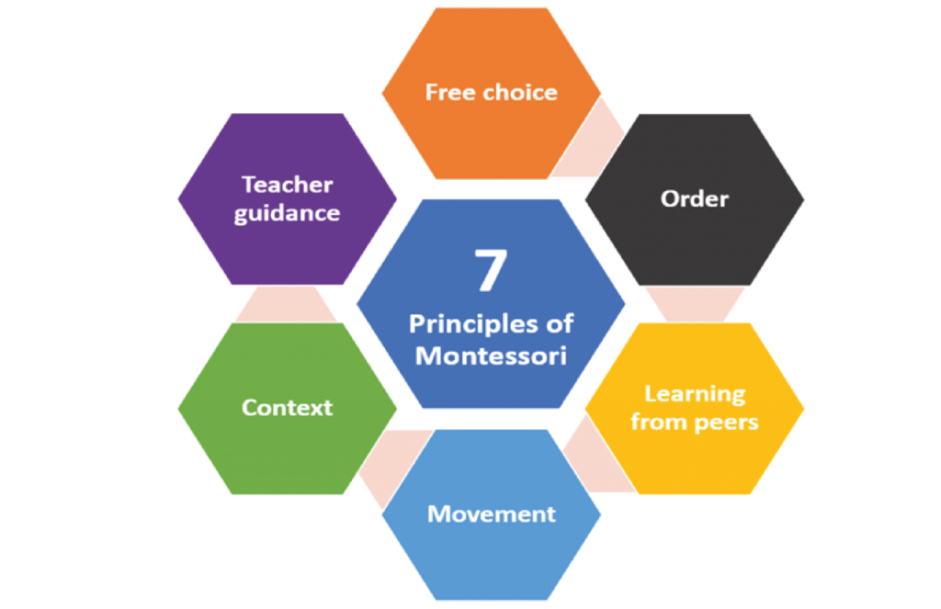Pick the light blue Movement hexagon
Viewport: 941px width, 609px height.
coord(491,551)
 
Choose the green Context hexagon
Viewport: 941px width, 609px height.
coord(287,441)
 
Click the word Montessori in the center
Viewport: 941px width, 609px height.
coord(491,355)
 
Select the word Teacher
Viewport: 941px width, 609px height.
coord(287,185)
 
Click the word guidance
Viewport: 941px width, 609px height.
coord(287,213)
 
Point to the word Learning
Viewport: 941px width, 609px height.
coord(694,394)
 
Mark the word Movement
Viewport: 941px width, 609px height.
coord(491,513)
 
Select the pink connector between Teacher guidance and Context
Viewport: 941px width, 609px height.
coord(287,304)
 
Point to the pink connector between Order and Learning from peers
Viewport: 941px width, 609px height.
coord(694,304)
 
